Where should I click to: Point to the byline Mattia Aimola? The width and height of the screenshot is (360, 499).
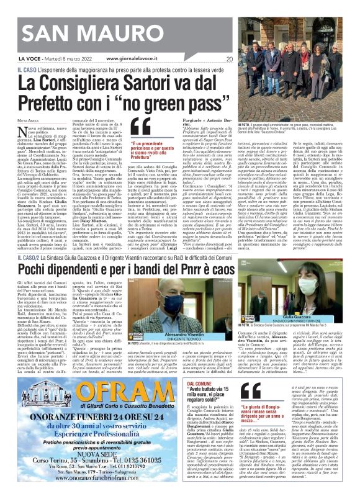(30, 119)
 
